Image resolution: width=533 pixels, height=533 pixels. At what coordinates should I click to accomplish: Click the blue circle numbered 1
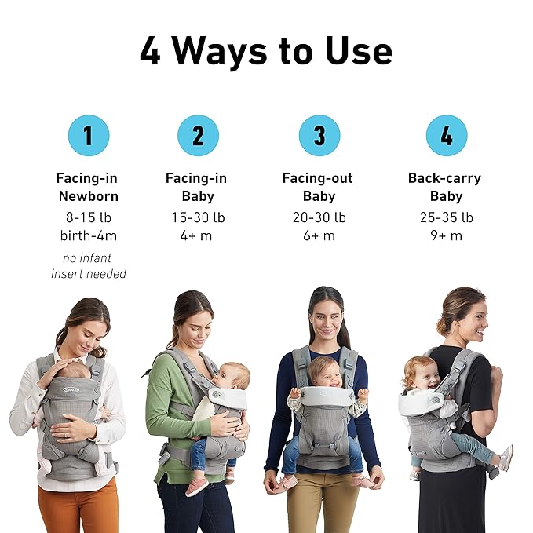pos(89,135)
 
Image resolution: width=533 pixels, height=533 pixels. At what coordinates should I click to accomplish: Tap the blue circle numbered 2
pos(198,135)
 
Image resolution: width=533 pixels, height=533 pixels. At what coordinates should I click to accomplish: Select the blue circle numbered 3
pos(319,135)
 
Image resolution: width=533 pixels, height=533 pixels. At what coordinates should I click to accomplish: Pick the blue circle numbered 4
pos(447,135)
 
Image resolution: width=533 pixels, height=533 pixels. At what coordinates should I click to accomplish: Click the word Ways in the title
pos(219,52)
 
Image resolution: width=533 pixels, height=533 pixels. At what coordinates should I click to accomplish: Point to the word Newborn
pos(89,196)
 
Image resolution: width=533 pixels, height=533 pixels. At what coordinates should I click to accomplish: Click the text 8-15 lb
pos(89,217)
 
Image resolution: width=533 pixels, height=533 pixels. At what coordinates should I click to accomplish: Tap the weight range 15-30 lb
pos(198,217)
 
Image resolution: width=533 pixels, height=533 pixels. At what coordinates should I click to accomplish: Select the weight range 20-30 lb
pos(319,217)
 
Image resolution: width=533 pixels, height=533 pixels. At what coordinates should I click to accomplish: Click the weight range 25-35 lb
pos(447,217)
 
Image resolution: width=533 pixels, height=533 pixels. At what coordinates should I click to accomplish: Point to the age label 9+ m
pos(447,235)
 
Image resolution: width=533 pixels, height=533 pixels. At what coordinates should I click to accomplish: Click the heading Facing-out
pos(317,178)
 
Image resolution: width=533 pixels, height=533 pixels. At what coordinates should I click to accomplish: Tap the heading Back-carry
pos(444,178)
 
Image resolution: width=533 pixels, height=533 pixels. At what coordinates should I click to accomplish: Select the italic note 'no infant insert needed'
pos(89,266)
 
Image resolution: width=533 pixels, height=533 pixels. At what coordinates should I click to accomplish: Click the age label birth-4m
pos(89,235)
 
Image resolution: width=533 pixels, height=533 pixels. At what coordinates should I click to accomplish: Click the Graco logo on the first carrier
pos(71,390)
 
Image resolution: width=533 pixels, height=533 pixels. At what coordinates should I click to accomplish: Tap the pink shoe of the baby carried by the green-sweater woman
pos(197,487)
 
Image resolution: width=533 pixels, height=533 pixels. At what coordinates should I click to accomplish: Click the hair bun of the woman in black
pos(442,327)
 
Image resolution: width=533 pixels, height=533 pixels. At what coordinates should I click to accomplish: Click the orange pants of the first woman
pos(78,506)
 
